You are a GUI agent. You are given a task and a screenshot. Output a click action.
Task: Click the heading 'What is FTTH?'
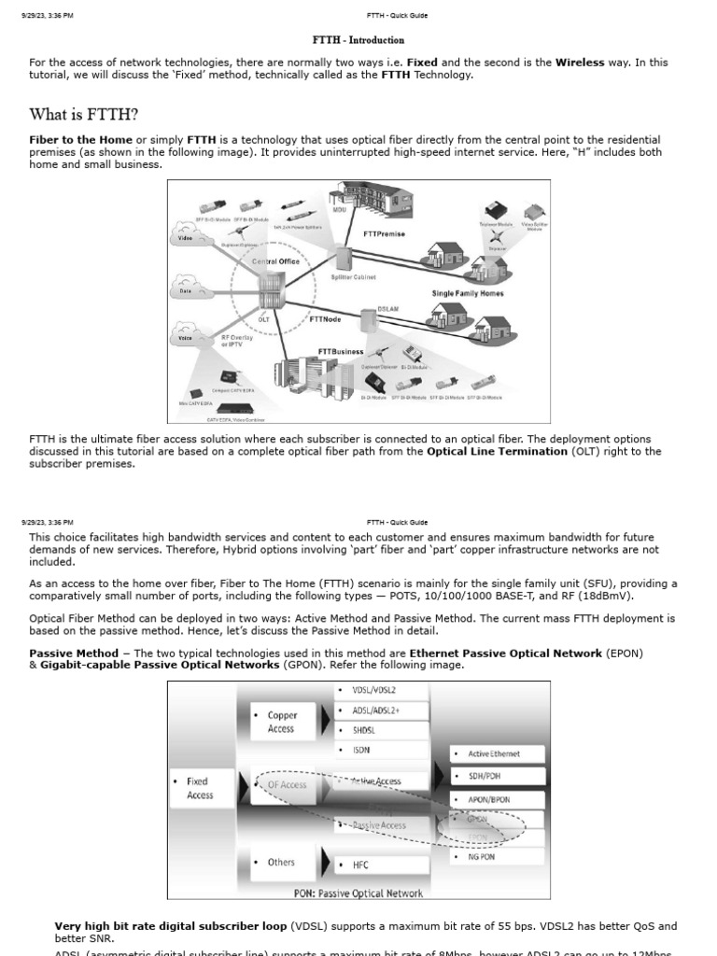pos(84,115)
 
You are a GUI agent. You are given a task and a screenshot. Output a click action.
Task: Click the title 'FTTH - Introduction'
pos(358,40)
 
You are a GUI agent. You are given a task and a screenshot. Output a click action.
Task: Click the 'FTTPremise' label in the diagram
pos(386,234)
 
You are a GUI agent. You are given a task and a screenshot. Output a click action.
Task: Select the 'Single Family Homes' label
pos(467,293)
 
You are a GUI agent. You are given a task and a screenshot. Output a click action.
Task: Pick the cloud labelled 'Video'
pos(185,238)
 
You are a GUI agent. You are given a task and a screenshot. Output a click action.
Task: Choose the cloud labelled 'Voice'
pos(185,339)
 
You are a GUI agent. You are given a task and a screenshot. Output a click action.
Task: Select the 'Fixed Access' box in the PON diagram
pos(199,788)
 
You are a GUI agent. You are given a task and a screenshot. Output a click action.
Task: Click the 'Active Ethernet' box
pos(493,753)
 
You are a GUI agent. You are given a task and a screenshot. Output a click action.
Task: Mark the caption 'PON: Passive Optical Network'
pos(358,893)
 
